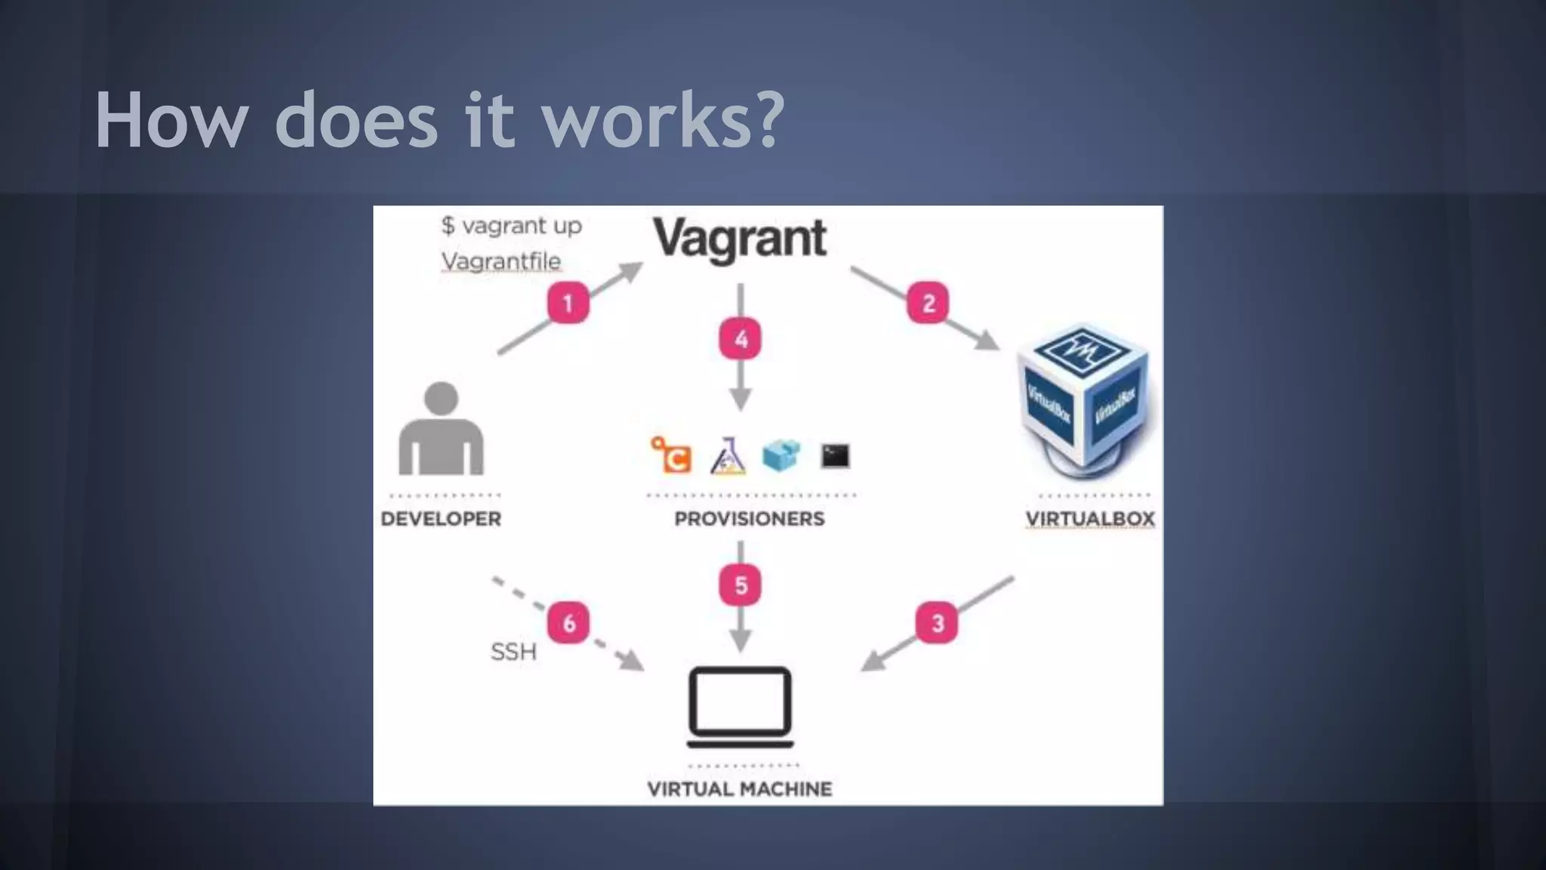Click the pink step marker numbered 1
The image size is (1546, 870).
click(568, 303)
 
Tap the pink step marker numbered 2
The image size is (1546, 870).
click(928, 303)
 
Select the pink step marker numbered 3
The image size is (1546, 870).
click(937, 623)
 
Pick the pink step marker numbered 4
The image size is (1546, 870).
click(741, 339)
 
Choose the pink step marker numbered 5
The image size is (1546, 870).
click(741, 585)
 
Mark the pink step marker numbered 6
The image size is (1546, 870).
click(568, 623)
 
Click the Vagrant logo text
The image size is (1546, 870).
click(740, 239)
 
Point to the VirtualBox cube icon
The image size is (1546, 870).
click(1084, 400)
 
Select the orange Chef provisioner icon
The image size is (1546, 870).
click(671, 455)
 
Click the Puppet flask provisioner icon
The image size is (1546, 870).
click(728, 456)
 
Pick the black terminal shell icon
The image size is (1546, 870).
click(835, 456)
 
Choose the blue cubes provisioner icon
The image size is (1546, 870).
click(781, 455)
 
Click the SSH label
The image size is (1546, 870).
click(513, 651)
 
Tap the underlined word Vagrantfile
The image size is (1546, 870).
click(501, 261)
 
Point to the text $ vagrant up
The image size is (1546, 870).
click(512, 225)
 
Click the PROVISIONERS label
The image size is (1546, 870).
click(749, 519)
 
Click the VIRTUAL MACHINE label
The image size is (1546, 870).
click(740, 789)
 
